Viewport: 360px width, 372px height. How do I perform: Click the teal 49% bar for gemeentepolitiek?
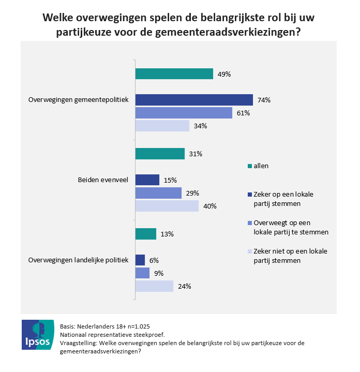tap(174, 74)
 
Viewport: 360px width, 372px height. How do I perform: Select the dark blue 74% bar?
tap(194, 100)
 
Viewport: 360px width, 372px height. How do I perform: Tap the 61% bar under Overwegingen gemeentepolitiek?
tap(184, 113)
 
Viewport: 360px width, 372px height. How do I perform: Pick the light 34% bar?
tap(162, 126)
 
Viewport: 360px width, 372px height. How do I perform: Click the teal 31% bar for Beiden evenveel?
tap(159, 154)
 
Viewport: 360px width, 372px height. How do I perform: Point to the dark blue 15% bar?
tap(147, 180)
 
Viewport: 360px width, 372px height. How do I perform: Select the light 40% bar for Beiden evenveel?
tap(167, 206)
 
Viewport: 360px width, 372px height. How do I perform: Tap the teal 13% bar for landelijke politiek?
tap(145, 234)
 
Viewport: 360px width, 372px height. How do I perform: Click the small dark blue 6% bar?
tap(140, 260)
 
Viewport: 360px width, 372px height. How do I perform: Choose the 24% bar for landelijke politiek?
tap(154, 286)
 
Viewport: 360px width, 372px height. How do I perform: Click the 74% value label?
tap(264, 100)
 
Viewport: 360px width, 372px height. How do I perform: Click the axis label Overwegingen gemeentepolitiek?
tap(78, 100)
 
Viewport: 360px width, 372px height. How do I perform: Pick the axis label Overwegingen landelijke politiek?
tap(78, 260)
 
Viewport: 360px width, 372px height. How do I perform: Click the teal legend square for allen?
tap(250, 166)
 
